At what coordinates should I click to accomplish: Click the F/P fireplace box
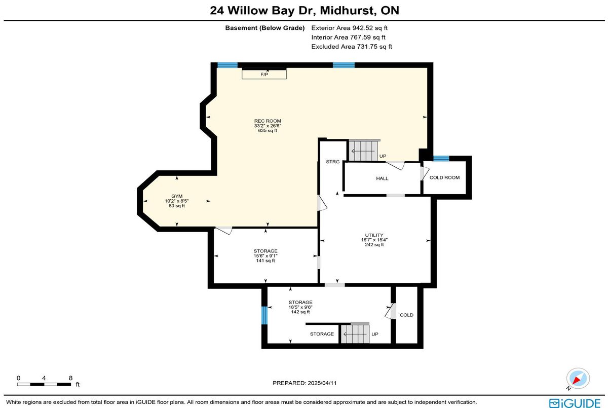pyautogui.click(x=264, y=74)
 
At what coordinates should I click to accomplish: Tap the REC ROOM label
pyautogui.click(x=268, y=126)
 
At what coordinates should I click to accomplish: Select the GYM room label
pyautogui.click(x=177, y=201)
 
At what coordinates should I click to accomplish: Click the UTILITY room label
pyautogui.click(x=374, y=240)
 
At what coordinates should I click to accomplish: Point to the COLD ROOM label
pyautogui.click(x=444, y=177)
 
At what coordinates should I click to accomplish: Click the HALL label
pyautogui.click(x=382, y=178)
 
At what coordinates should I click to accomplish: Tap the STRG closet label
pyautogui.click(x=332, y=162)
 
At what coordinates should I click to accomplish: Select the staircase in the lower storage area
pyautogui.click(x=355, y=333)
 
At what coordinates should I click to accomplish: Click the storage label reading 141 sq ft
pyautogui.click(x=265, y=256)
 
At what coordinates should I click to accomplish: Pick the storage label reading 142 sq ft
pyautogui.click(x=300, y=307)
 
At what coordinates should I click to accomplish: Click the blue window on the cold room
pyautogui.click(x=441, y=159)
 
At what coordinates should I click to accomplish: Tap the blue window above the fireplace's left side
pyautogui.click(x=227, y=65)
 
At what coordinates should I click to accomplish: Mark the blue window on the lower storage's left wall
pyautogui.click(x=264, y=315)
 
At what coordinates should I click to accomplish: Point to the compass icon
pyautogui.click(x=578, y=379)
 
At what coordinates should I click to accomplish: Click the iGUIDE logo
pyautogui.click(x=575, y=403)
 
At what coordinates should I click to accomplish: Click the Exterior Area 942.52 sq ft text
pyautogui.click(x=349, y=28)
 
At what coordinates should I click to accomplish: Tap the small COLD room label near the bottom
pyautogui.click(x=406, y=315)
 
